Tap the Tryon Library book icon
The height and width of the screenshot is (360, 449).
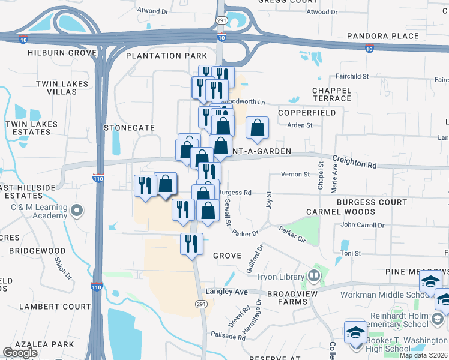(x=313, y=277)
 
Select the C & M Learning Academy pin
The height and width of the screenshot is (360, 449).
(x=76, y=211)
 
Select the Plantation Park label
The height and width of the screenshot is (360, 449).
(x=163, y=56)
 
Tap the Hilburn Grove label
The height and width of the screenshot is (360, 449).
(x=62, y=53)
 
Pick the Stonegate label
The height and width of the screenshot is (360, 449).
(x=130, y=128)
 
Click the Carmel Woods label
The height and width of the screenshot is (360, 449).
(x=341, y=212)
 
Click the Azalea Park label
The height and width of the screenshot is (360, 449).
(x=46, y=344)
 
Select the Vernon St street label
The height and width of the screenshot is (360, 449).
(x=295, y=175)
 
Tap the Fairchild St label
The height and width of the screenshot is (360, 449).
(x=352, y=76)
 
